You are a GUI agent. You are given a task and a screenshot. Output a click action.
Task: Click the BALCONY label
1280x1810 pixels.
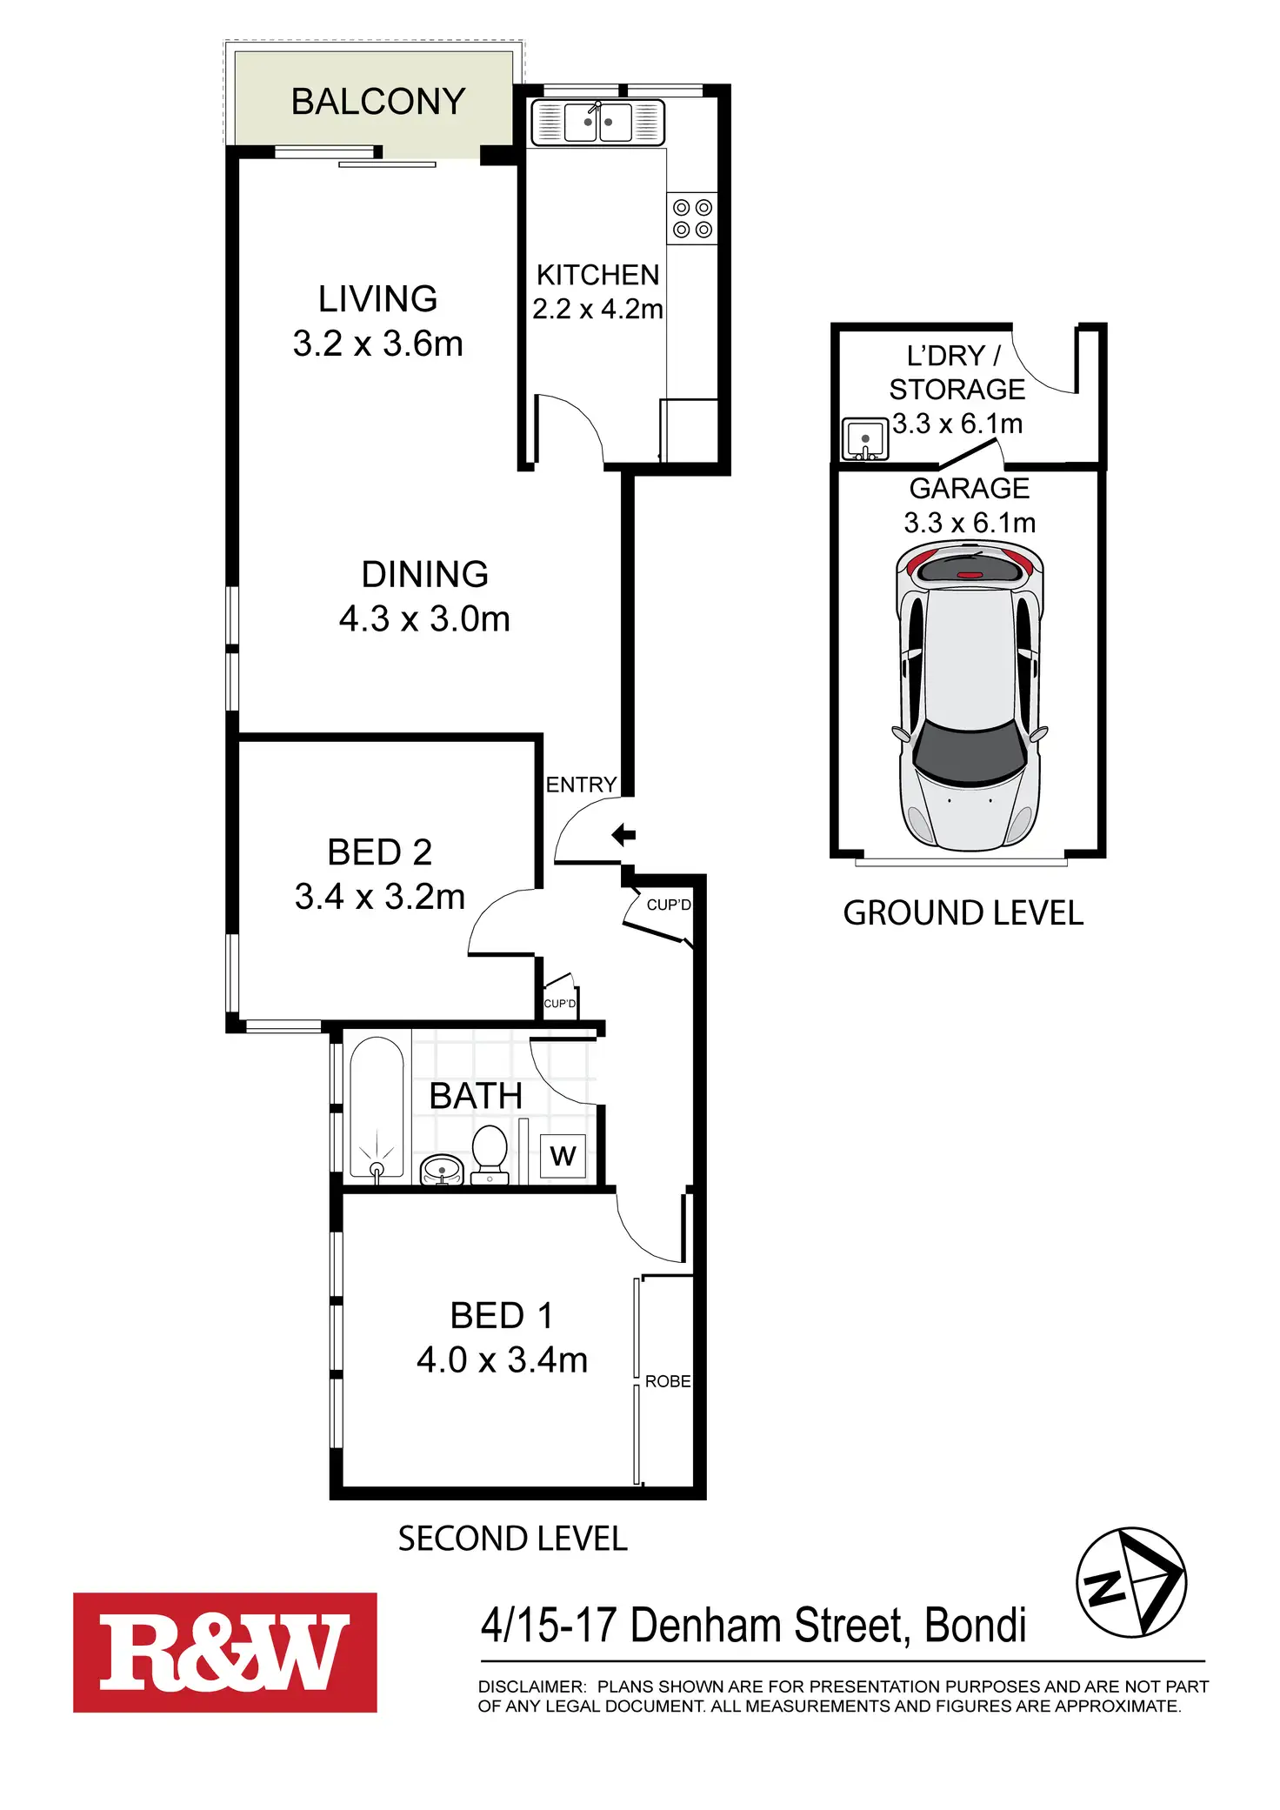378,102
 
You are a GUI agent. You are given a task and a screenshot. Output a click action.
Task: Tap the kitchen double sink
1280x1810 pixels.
598,122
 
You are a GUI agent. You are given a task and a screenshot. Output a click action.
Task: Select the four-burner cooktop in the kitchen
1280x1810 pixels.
692,218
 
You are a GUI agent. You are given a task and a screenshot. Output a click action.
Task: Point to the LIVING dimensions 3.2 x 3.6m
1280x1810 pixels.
377,344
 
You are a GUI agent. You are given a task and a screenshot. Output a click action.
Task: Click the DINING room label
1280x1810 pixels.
424,574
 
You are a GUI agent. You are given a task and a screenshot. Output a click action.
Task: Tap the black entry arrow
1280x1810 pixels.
623,835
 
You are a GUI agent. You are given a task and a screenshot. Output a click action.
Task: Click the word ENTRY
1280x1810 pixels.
581,785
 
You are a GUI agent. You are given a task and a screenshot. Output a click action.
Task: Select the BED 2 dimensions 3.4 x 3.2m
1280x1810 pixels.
380,897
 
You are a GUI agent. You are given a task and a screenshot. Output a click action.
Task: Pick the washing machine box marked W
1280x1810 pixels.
563,1156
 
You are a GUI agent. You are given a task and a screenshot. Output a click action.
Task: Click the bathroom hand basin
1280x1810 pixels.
442,1169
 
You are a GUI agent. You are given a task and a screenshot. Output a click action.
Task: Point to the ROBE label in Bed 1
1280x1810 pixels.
668,1381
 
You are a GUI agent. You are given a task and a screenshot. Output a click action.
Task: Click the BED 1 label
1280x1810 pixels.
502,1315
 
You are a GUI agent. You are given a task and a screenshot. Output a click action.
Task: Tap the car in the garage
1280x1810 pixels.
970,696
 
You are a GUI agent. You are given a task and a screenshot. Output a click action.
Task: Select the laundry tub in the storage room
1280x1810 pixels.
864,438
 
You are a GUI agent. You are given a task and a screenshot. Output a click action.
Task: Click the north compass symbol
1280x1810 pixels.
1131,1582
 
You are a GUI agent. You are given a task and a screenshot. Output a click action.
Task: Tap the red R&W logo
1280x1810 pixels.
225,1653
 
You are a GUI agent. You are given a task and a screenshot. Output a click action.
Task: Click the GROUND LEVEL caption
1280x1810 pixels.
963,913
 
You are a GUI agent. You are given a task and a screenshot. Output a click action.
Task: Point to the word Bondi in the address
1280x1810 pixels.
975,1625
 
